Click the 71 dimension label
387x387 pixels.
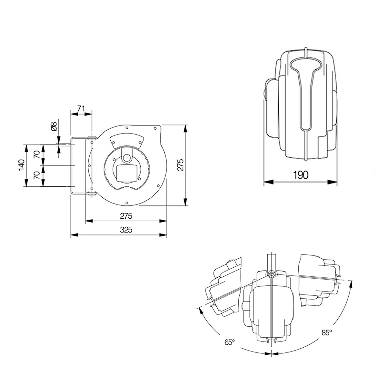pyautogui.click(x=81, y=109)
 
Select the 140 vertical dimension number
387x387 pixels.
pyautogui.click(x=21, y=165)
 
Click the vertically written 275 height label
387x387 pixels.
pyautogui.click(x=180, y=165)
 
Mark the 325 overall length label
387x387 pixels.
pyautogui.click(x=126, y=230)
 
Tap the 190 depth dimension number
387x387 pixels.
pyautogui.click(x=301, y=175)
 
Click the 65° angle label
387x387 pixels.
pyautogui.click(x=229, y=342)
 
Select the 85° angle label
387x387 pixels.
pyautogui.click(x=326, y=332)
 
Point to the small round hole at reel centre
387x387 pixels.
pyautogui.click(x=127, y=158)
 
